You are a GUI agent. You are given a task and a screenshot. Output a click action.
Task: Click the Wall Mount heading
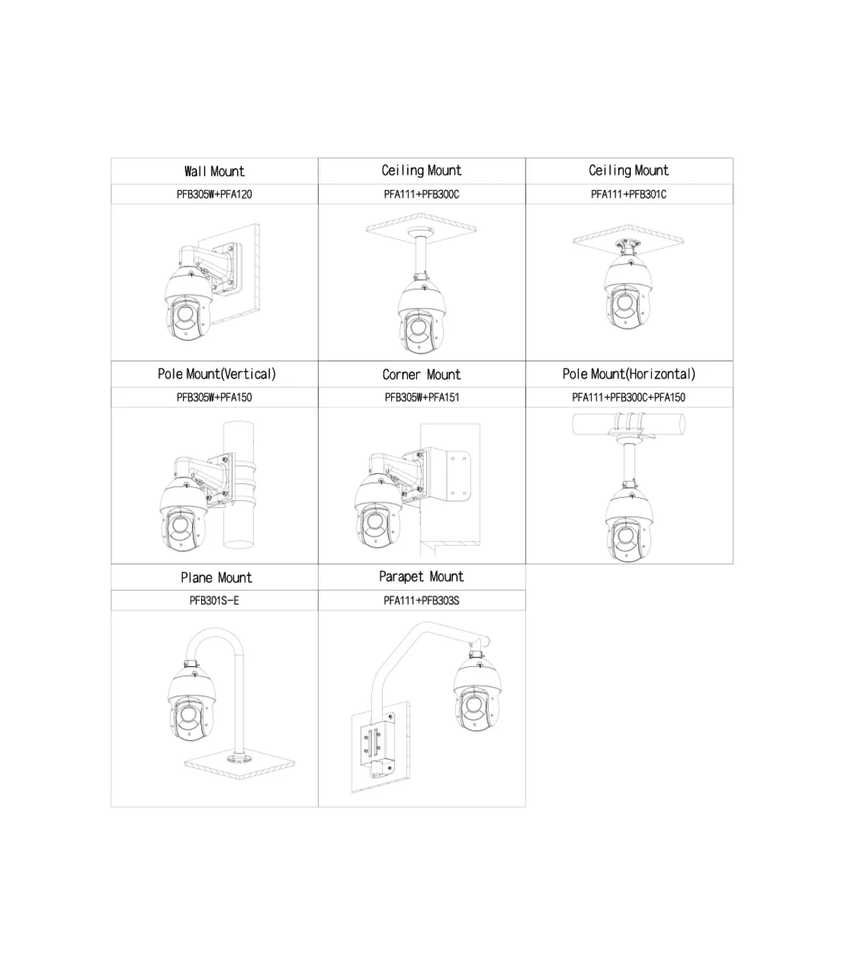coord(215,171)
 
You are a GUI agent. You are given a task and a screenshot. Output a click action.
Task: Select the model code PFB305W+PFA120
coord(215,194)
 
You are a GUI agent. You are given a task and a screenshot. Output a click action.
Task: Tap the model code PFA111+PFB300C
coord(421,194)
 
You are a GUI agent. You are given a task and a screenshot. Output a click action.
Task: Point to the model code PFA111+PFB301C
coord(629,194)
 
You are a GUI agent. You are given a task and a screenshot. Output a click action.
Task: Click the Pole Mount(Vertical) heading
coord(217,374)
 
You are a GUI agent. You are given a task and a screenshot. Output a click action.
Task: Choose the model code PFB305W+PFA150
coord(215,397)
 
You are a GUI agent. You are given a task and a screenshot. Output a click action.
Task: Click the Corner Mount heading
coord(421,374)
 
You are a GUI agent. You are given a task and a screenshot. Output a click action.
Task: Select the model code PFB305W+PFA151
coord(422,397)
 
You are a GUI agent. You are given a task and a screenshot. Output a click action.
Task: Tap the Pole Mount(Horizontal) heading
coord(629,374)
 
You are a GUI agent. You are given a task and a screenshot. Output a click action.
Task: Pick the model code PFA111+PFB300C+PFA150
coord(629,397)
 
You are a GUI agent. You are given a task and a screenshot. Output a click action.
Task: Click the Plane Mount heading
coord(217,577)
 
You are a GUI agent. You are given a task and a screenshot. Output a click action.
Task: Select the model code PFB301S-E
coord(215,601)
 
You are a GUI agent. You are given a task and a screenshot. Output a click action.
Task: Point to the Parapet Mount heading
coord(421,577)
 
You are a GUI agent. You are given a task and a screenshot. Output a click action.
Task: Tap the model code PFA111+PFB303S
coord(421,601)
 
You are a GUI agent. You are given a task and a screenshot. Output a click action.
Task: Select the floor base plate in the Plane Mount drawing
coord(240,762)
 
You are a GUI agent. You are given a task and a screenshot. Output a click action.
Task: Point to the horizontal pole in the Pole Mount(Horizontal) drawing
coord(629,424)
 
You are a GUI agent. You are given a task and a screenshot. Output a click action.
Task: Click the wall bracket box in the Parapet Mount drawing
coord(377,748)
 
